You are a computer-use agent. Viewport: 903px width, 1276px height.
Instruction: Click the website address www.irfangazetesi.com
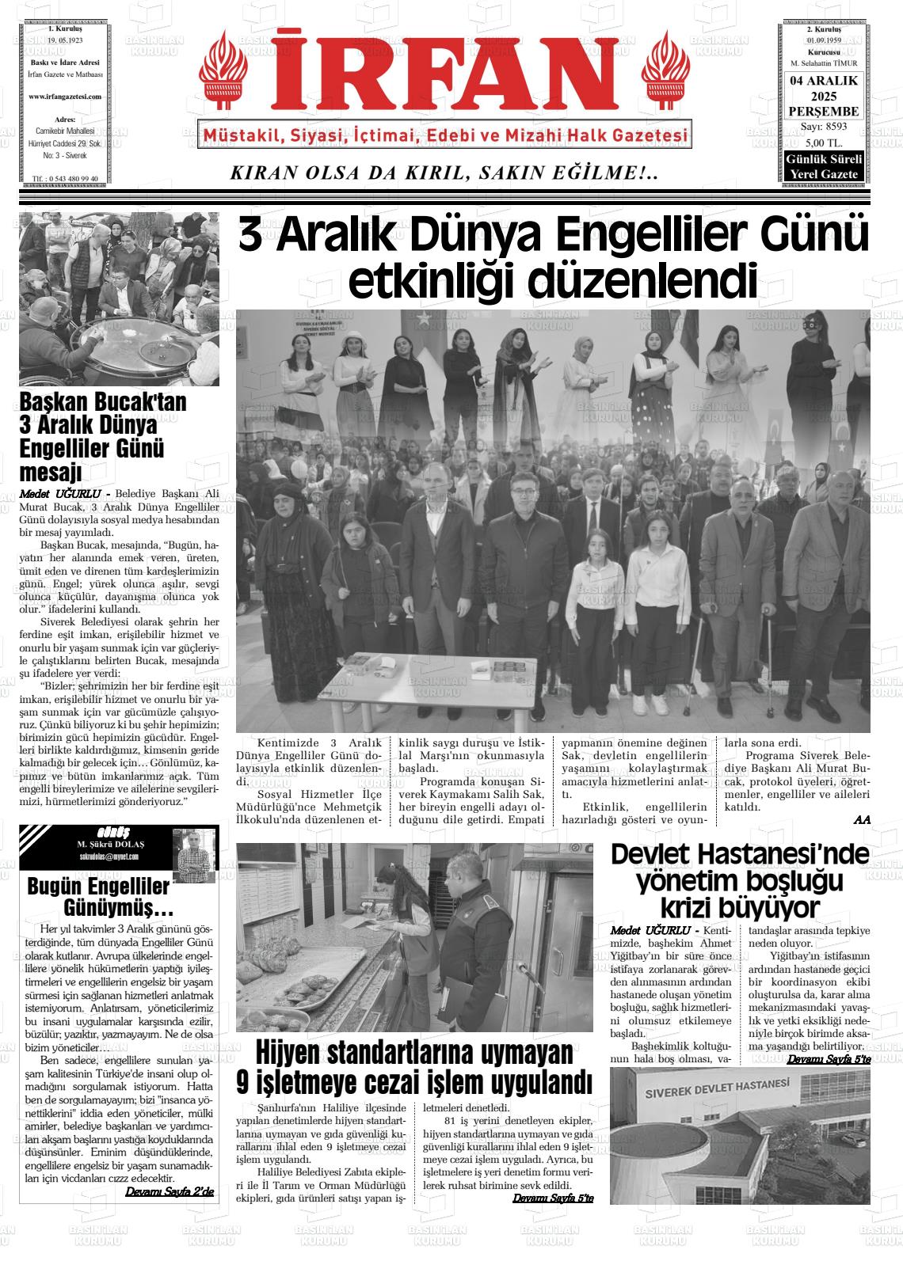click(65, 97)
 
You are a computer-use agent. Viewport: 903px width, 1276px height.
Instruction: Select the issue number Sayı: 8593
click(823, 127)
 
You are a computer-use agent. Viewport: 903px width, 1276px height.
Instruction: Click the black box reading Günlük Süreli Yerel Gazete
click(823, 167)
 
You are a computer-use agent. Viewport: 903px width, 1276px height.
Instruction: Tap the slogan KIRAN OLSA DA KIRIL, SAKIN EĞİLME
click(444, 173)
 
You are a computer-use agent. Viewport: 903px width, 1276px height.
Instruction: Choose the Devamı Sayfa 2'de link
click(170, 1191)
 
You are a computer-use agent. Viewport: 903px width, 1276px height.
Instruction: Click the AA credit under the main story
click(862, 820)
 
